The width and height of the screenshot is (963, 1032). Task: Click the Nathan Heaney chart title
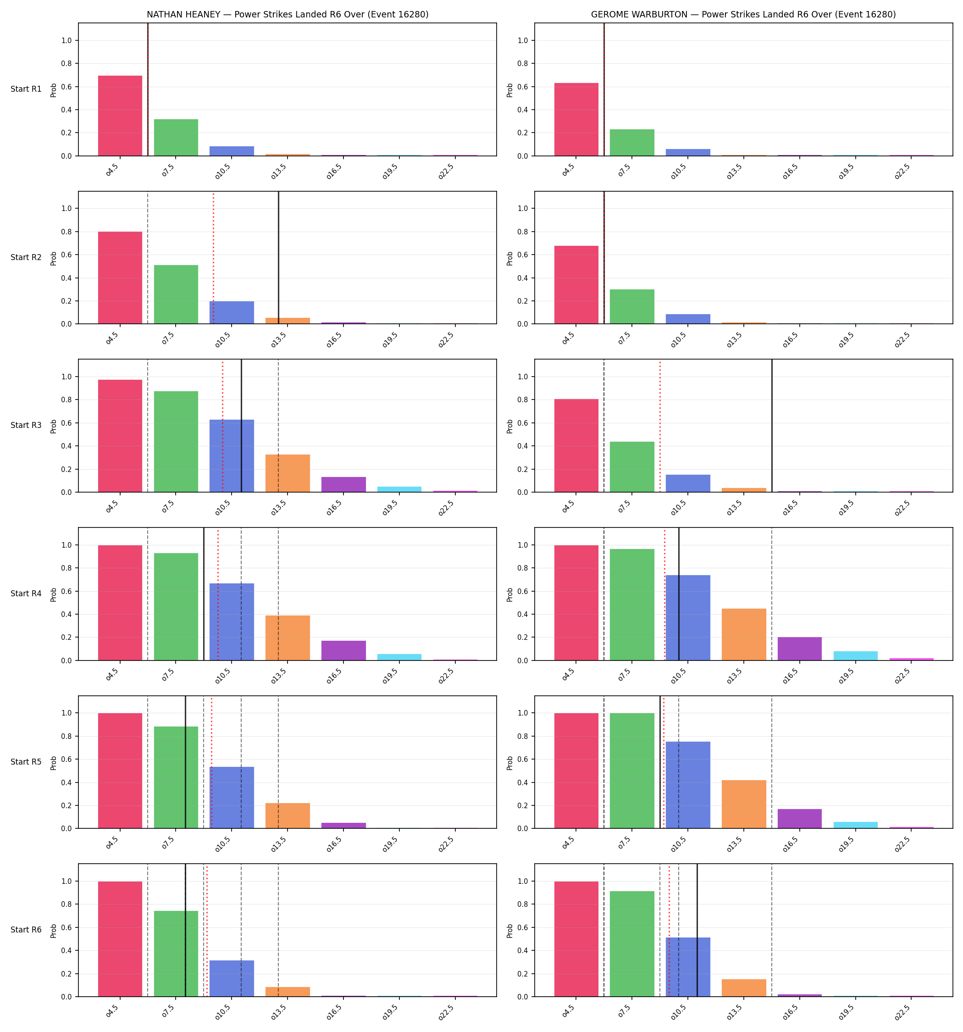tap(287, 15)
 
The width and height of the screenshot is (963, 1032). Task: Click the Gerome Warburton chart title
tap(743, 15)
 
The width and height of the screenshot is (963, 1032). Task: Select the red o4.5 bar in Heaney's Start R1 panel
tap(120, 116)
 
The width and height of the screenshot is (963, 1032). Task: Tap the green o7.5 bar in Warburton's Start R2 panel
tap(632, 307)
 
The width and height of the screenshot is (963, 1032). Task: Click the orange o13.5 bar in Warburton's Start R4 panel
tap(743, 634)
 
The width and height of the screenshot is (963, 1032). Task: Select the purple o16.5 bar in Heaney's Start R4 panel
tap(343, 650)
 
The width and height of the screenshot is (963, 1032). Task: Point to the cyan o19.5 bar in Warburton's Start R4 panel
tap(855, 655)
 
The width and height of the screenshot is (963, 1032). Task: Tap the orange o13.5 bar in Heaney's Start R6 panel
tap(288, 992)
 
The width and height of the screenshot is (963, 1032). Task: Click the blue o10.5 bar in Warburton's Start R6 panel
tap(688, 967)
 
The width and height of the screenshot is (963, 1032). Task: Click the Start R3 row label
tap(26, 425)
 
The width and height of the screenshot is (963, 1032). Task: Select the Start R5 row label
tap(26, 761)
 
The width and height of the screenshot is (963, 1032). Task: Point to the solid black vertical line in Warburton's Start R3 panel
tap(771, 426)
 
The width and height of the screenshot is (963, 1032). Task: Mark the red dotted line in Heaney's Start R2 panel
tap(213, 257)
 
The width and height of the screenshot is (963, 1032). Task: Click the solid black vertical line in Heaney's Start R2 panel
tap(278, 257)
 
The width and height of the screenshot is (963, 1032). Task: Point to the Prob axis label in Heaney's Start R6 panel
tap(54, 931)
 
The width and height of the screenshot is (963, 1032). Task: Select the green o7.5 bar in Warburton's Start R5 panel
tap(632, 771)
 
